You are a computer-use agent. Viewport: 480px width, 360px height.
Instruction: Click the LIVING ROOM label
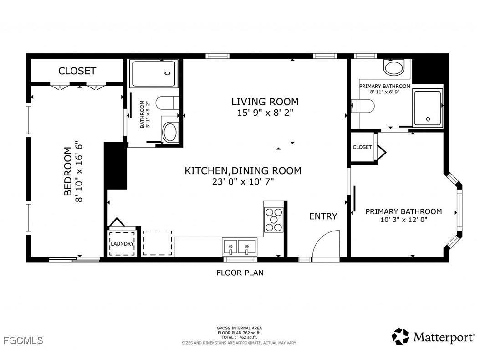[265, 102]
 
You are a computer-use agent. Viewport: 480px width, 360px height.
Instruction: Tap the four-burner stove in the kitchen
[274, 220]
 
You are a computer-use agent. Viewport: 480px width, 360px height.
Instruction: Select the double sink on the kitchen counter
[239, 247]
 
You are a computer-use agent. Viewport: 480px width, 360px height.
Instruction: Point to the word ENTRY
[323, 216]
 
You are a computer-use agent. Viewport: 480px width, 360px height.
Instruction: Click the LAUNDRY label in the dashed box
[122, 244]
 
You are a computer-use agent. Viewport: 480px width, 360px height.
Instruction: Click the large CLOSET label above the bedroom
[77, 71]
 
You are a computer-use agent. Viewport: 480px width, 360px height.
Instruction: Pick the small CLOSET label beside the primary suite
[362, 147]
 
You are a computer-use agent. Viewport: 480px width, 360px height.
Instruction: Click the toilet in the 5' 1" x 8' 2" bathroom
[167, 103]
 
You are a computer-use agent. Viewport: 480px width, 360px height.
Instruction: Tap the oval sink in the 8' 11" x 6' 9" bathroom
[393, 68]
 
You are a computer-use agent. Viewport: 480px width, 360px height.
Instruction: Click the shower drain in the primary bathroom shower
[428, 119]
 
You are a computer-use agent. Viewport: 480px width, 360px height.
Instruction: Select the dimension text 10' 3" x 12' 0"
[403, 220]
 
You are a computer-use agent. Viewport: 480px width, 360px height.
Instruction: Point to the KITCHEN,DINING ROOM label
[242, 171]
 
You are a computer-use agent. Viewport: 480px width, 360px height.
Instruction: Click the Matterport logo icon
[400, 336]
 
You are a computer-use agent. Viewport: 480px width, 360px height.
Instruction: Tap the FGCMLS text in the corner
[22, 340]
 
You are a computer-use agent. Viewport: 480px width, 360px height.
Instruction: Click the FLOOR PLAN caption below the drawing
[240, 273]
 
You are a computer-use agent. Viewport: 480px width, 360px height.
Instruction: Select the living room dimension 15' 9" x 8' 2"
[265, 113]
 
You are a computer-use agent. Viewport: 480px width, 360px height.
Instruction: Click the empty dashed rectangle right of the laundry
[157, 243]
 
